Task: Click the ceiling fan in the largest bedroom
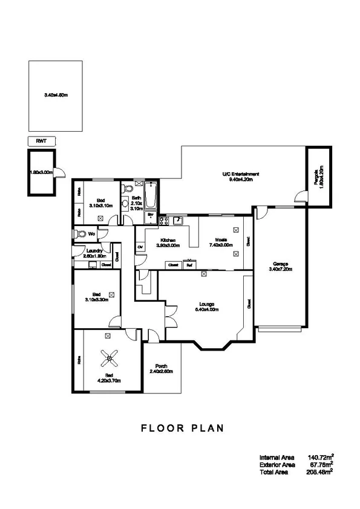(x=110, y=360)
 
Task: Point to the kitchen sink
(x=177, y=219)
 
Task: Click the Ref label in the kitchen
(x=189, y=265)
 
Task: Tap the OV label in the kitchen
(x=140, y=247)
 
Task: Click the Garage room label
(x=280, y=264)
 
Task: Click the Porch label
(x=162, y=366)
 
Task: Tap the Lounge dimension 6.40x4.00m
(x=206, y=309)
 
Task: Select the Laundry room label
(x=94, y=250)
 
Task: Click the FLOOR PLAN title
(x=182, y=428)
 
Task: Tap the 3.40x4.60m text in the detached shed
(x=56, y=95)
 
